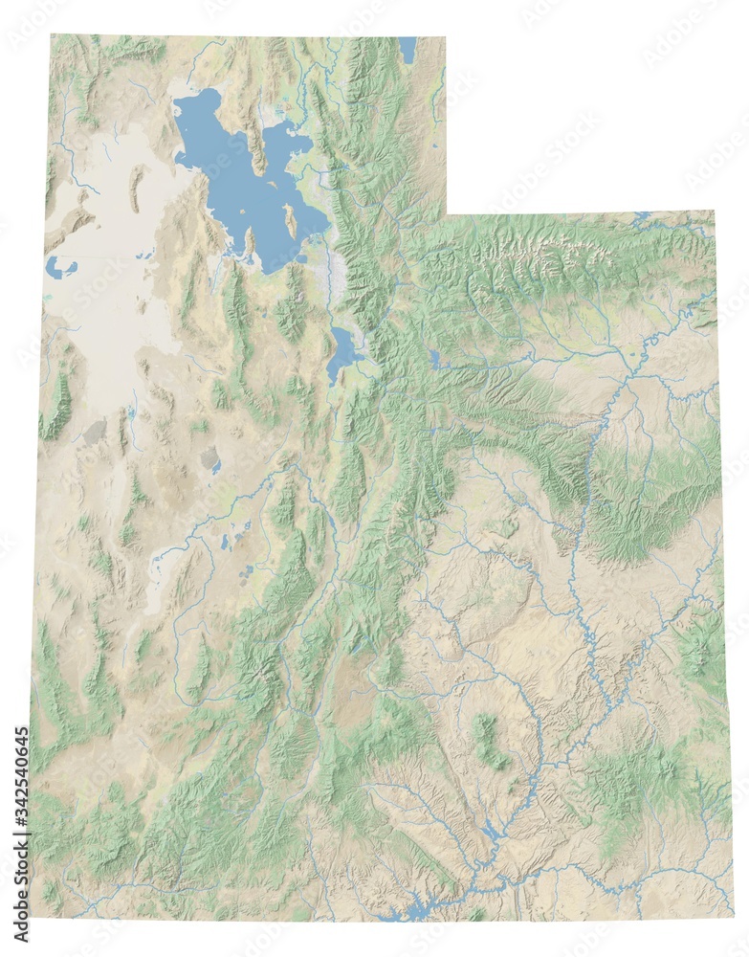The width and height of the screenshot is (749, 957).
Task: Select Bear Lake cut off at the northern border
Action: [x=408, y=49]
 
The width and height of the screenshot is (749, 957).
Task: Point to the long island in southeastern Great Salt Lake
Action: [x=290, y=222]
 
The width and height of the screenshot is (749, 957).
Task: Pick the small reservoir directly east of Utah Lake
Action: [x=435, y=359]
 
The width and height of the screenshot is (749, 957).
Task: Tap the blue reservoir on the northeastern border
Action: [x=640, y=218]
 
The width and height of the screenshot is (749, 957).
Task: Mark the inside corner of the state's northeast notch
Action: [x=447, y=213]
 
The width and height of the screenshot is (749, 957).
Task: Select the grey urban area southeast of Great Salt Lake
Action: [x=337, y=273]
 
